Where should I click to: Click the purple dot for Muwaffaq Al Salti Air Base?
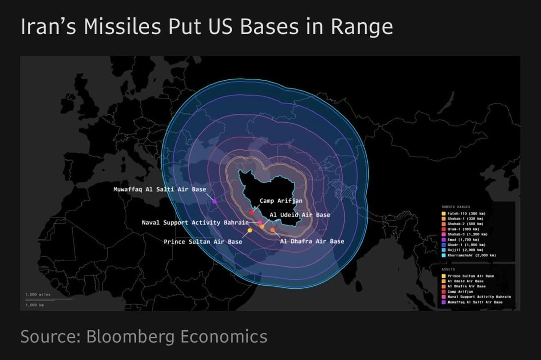coord(214,201)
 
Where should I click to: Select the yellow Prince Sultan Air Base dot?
coord(250,231)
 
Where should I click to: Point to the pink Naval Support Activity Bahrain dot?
coord(260,223)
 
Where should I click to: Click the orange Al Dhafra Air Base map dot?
coord(272,230)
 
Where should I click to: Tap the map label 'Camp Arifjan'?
coord(280,201)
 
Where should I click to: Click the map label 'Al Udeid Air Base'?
coord(299,215)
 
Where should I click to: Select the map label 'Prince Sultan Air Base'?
coord(202,242)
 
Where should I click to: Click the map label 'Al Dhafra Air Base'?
coord(312,241)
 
